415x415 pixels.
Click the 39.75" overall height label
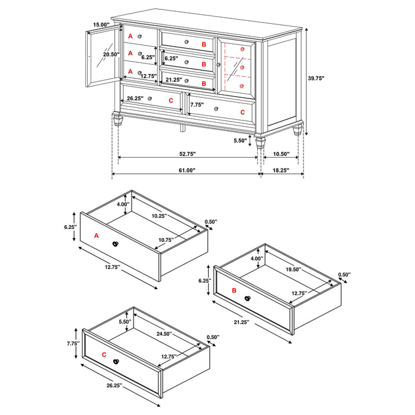[x=316, y=78]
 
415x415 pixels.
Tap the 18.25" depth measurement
[x=281, y=170]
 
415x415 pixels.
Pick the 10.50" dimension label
[x=281, y=154]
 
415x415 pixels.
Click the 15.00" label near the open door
[x=101, y=25]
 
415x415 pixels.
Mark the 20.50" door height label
[x=111, y=55]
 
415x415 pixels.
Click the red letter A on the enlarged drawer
[x=97, y=235]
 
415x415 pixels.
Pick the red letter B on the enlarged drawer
[x=234, y=290]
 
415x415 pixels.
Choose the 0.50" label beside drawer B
[x=344, y=274]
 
